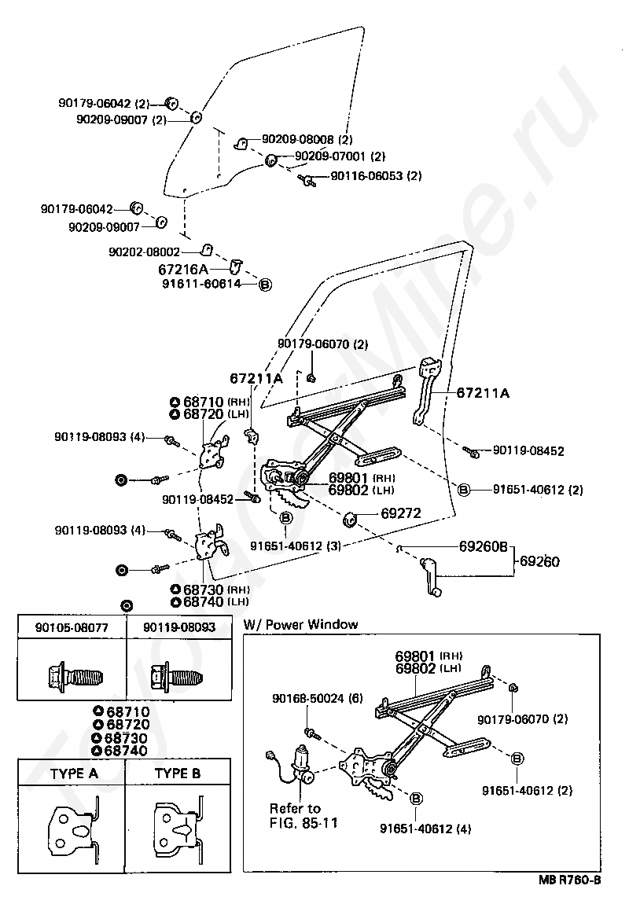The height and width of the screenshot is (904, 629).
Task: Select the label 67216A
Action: pyautogui.click(x=182, y=270)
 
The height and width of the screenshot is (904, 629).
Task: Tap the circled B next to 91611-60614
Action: pyautogui.click(x=265, y=285)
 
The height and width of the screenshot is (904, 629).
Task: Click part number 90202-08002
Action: pyautogui.click(x=144, y=252)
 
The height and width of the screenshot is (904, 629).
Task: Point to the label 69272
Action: pyautogui.click(x=401, y=513)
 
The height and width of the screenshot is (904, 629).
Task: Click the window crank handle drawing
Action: pyautogui.click(x=431, y=576)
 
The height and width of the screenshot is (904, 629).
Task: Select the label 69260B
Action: pyautogui.click(x=483, y=546)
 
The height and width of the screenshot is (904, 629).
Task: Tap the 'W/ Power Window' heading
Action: pyautogui.click(x=300, y=624)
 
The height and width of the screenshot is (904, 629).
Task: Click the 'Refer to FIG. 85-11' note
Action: pyautogui.click(x=303, y=815)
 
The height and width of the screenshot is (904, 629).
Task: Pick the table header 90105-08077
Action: pyautogui.click(x=72, y=627)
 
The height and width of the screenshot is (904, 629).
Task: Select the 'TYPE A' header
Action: pyautogui.click(x=74, y=774)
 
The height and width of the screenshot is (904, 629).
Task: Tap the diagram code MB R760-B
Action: pyautogui.click(x=569, y=880)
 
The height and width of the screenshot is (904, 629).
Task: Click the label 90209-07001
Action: pyautogui.click(x=330, y=156)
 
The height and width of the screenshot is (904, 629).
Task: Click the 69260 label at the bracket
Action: pyautogui.click(x=539, y=561)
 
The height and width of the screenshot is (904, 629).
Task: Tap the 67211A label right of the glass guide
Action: pyautogui.click(x=483, y=393)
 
